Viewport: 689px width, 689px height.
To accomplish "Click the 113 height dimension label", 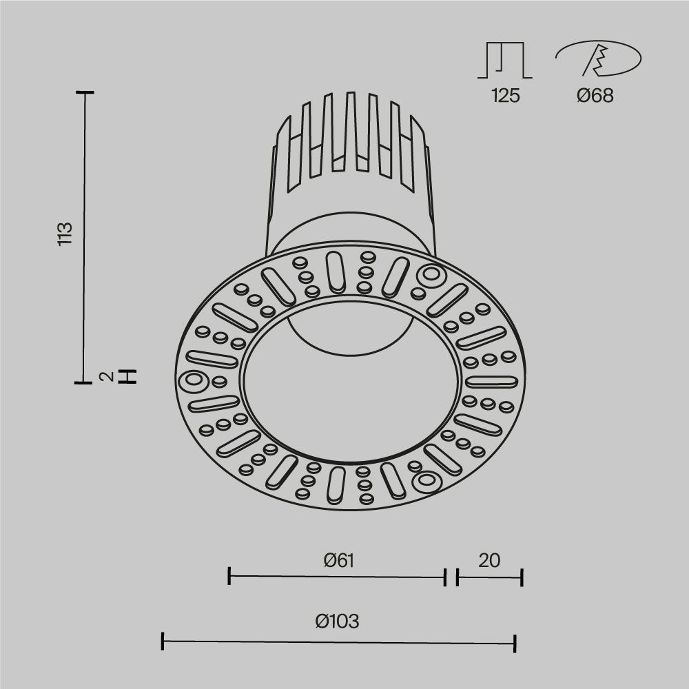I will pyautogui.click(x=65, y=234).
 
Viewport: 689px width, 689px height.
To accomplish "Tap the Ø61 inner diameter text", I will pyautogui.click(x=338, y=560).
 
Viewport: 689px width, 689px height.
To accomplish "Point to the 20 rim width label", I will pyautogui.click(x=489, y=560).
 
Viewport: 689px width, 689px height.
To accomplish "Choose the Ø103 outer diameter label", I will pyautogui.click(x=338, y=621).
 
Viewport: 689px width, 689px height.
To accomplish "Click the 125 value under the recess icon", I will pyautogui.click(x=505, y=96).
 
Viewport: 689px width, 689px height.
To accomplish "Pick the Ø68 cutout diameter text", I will pyautogui.click(x=595, y=96).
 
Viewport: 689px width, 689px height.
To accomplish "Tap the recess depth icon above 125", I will pyautogui.click(x=505, y=59).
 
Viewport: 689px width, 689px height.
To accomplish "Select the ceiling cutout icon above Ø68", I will pyautogui.click(x=597, y=59).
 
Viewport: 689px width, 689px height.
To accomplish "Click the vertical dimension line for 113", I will pyautogui.click(x=85, y=234).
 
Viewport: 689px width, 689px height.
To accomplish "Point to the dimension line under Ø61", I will pyautogui.click(x=338, y=577).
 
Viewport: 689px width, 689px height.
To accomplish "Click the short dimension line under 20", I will pyautogui.click(x=489, y=577).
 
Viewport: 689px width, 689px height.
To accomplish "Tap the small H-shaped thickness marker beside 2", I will pyautogui.click(x=127, y=376).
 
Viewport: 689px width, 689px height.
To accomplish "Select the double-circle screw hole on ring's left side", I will pyautogui.click(x=193, y=381).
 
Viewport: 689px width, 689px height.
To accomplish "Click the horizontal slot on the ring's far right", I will pyautogui.click(x=491, y=381).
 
